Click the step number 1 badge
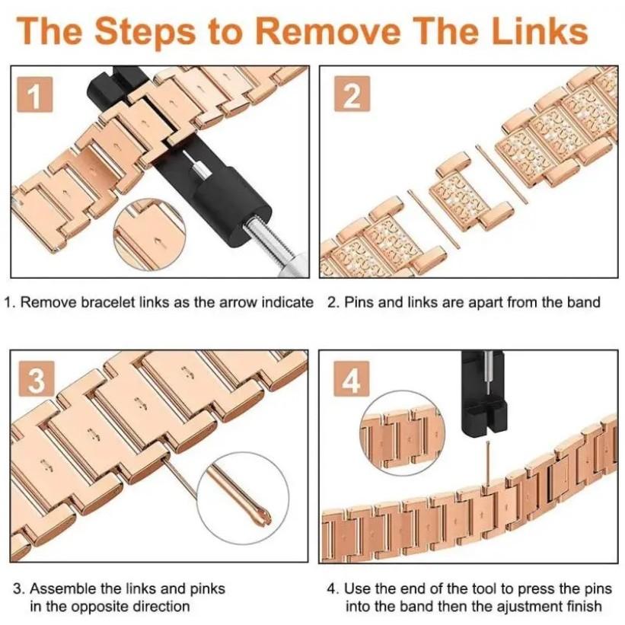[35, 94]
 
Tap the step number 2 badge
[352, 94]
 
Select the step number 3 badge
[36, 378]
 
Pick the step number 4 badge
[352, 378]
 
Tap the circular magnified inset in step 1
[150, 234]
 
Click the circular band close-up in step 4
[401, 433]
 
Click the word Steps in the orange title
[145, 32]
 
